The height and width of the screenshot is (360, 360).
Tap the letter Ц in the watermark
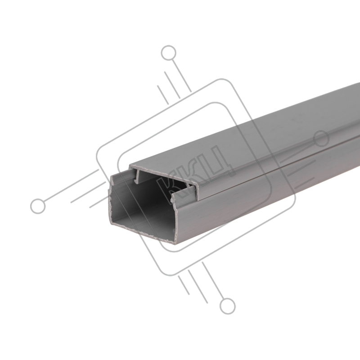[x=217, y=161]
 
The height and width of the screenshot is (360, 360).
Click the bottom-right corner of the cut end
[x=175, y=243]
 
